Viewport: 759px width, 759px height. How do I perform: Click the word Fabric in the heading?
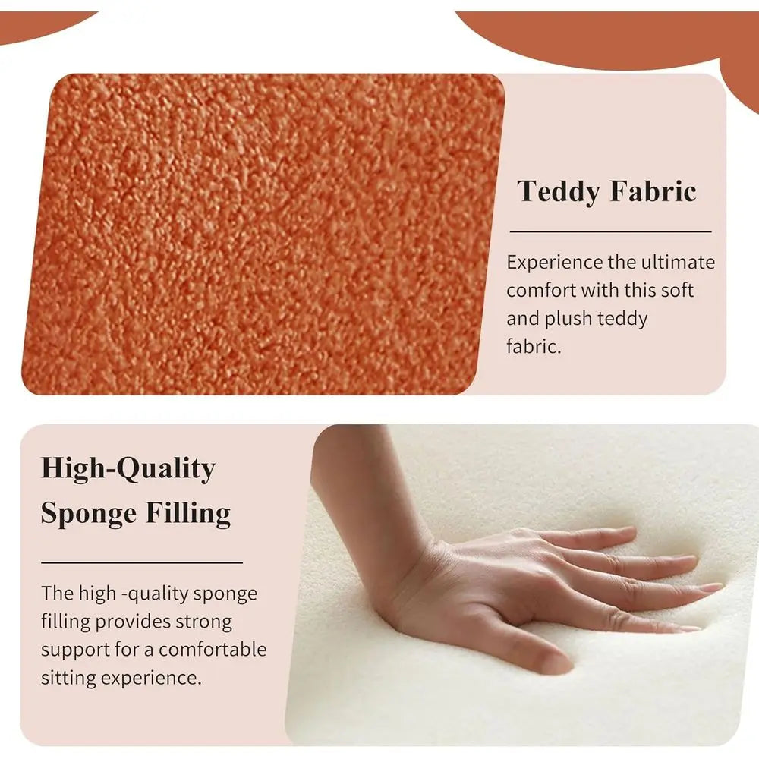tap(653, 191)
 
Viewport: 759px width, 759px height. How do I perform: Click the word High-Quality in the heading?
tap(128, 468)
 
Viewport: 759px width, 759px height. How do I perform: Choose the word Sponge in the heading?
tap(88, 514)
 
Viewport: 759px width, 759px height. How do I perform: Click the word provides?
tap(133, 622)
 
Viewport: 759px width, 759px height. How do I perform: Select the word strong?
tap(203, 622)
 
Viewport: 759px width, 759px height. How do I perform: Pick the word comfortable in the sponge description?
tap(213, 650)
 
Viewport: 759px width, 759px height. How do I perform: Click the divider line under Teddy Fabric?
tap(610, 231)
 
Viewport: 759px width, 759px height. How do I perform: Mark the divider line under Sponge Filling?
tap(142, 562)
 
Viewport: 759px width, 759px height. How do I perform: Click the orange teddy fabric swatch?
tap(263, 235)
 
